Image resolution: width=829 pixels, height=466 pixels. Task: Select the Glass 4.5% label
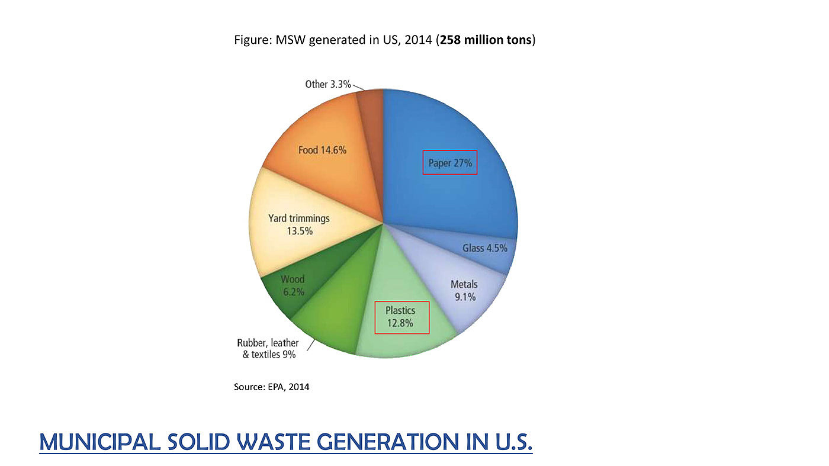(x=484, y=248)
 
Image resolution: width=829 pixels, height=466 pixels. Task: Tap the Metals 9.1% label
(x=464, y=291)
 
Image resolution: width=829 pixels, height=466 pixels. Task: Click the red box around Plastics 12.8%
(x=402, y=317)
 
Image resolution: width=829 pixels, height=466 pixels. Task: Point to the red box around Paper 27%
(x=449, y=162)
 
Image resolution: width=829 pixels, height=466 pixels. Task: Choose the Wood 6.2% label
(x=293, y=285)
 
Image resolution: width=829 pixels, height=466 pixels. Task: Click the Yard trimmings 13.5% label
(x=298, y=224)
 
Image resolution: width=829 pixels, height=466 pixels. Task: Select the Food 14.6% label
(x=322, y=150)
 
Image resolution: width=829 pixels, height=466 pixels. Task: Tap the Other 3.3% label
(x=328, y=84)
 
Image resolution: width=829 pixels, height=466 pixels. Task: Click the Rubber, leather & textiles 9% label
(x=268, y=349)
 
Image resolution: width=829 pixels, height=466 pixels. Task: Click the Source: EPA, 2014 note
(x=272, y=387)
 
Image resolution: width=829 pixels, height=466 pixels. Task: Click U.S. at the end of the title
(x=510, y=441)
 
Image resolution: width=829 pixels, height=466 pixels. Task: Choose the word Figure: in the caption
(x=253, y=40)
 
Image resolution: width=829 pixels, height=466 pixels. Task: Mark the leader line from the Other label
(x=358, y=88)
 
